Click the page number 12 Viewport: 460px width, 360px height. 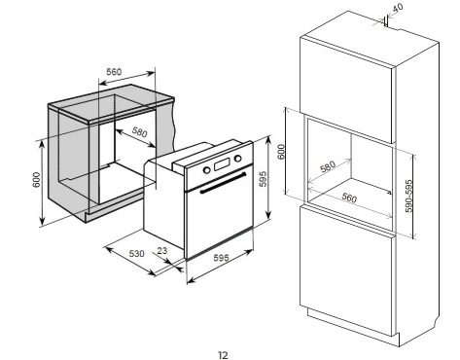[223, 355]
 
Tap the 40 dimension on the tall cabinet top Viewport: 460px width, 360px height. [397, 7]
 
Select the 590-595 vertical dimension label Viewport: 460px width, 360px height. [409, 196]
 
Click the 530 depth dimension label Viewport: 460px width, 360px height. [136, 253]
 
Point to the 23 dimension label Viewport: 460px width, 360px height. [161, 250]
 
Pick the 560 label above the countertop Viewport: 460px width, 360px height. [114, 72]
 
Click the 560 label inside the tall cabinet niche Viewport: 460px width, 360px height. [349, 198]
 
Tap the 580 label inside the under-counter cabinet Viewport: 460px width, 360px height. [139, 131]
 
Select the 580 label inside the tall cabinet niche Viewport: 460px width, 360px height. [328, 167]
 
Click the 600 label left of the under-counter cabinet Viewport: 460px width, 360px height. [36, 179]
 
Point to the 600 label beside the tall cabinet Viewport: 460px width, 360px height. [281, 151]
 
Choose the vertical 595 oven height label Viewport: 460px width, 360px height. [263, 179]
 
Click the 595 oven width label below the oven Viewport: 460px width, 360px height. [221, 258]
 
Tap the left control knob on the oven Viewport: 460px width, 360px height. [206, 169]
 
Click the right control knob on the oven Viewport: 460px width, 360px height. [238, 159]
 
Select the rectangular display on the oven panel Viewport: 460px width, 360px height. [222, 164]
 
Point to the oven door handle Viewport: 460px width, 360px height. [223, 183]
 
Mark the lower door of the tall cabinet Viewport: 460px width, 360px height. [347, 270]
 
